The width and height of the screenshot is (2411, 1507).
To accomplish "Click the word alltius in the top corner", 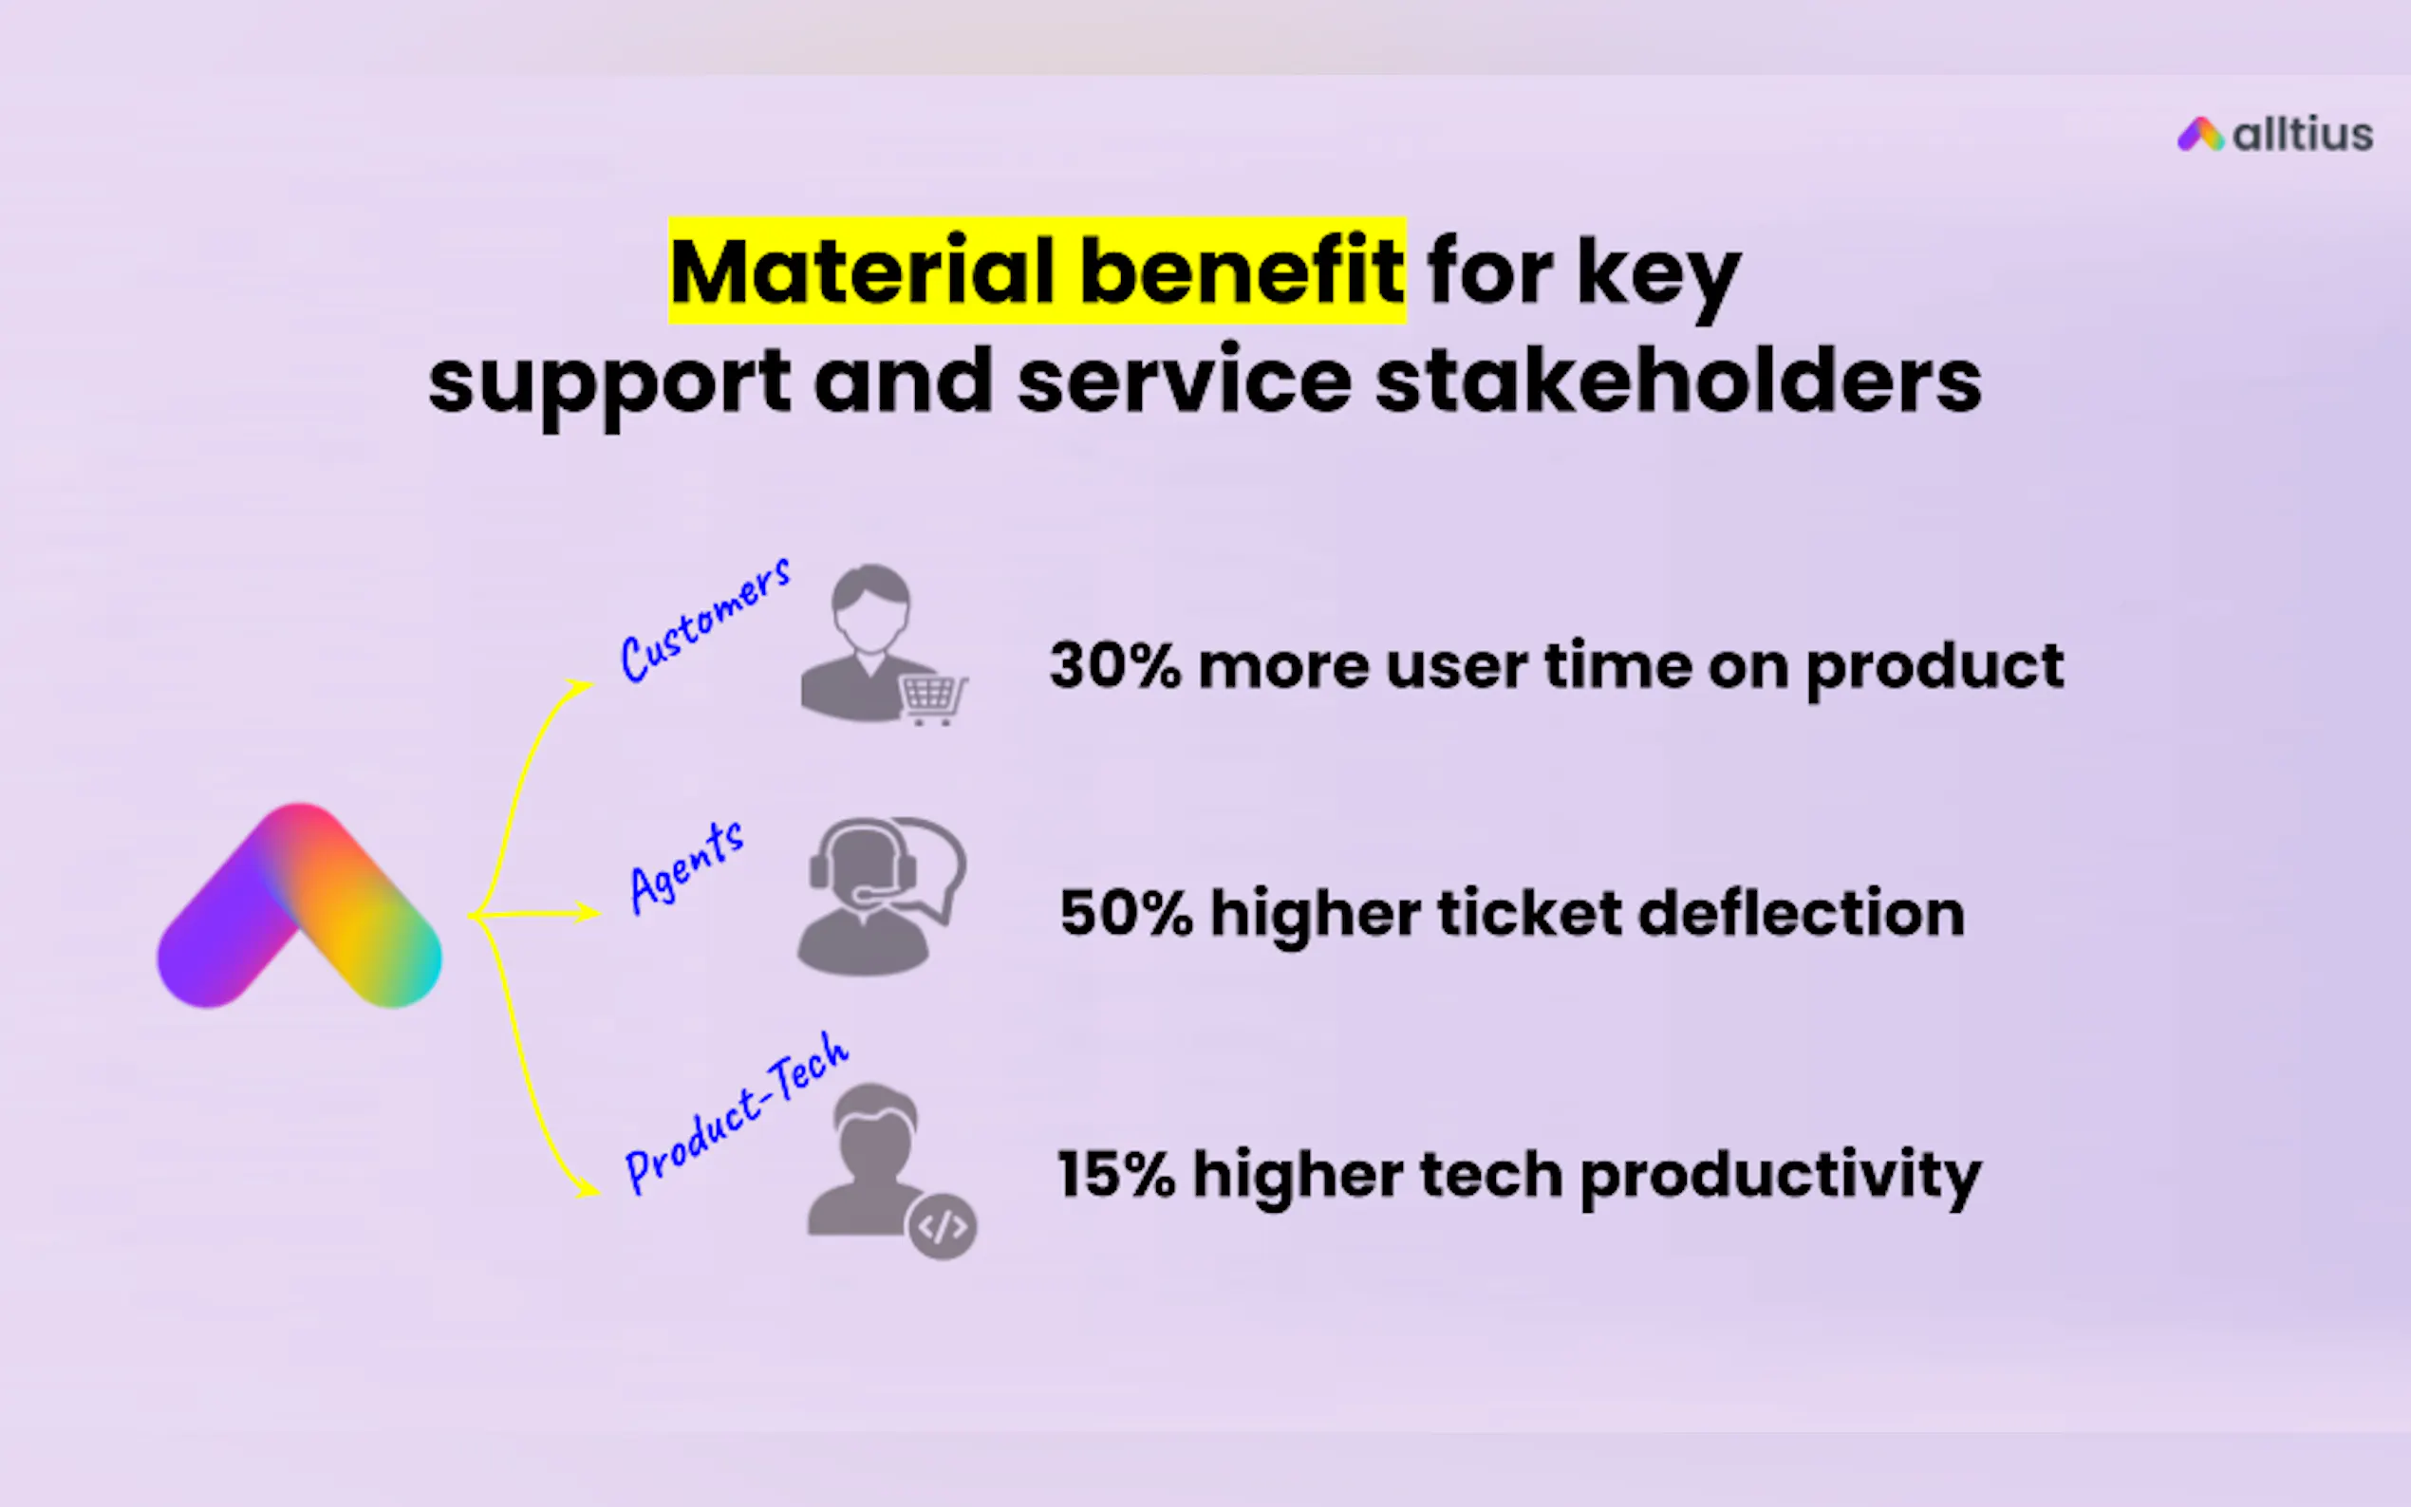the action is click(x=2303, y=135).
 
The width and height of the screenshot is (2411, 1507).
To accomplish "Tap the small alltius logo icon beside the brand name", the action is click(x=2200, y=135).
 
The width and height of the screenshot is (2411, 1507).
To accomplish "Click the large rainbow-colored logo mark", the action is click(x=299, y=905).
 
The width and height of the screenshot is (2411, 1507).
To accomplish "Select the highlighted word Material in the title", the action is click(x=862, y=271).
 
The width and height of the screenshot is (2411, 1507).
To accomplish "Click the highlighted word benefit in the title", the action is click(x=1242, y=271).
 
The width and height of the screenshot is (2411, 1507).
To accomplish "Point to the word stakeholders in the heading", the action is click(x=1678, y=381).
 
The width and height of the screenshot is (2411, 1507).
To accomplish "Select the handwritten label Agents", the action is click(x=686, y=867).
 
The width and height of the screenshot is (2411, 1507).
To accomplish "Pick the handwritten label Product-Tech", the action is click(x=736, y=1112).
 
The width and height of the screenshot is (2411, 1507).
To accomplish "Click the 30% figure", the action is click(x=1115, y=666).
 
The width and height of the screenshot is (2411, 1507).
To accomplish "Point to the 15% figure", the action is click(x=1116, y=1174).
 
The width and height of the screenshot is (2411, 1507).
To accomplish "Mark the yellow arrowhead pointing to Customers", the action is click(x=578, y=687).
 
